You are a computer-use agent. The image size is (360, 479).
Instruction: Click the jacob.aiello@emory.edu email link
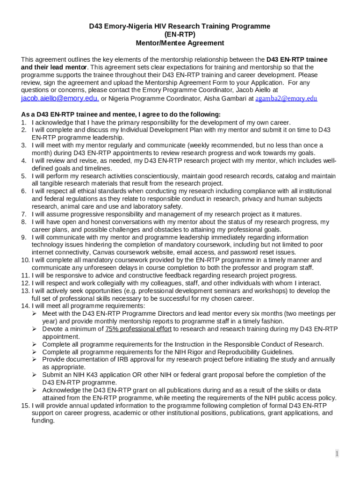pyautogui.click(x=60, y=98)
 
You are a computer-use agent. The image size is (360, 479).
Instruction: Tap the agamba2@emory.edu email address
pyautogui.click(x=286, y=99)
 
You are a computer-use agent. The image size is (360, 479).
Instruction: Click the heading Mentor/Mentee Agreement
pyautogui.click(x=180, y=43)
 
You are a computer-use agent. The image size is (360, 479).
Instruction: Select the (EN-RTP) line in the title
pyautogui.click(x=180, y=35)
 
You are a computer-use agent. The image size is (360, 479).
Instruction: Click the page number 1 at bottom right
pyautogui.click(x=337, y=453)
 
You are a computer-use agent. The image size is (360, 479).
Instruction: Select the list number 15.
pyautogui.click(x=25, y=405)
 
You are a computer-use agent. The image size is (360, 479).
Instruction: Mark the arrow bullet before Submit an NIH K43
pyautogui.click(x=35, y=375)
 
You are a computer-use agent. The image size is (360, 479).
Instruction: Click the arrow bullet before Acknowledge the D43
pyautogui.click(x=35, y=390)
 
